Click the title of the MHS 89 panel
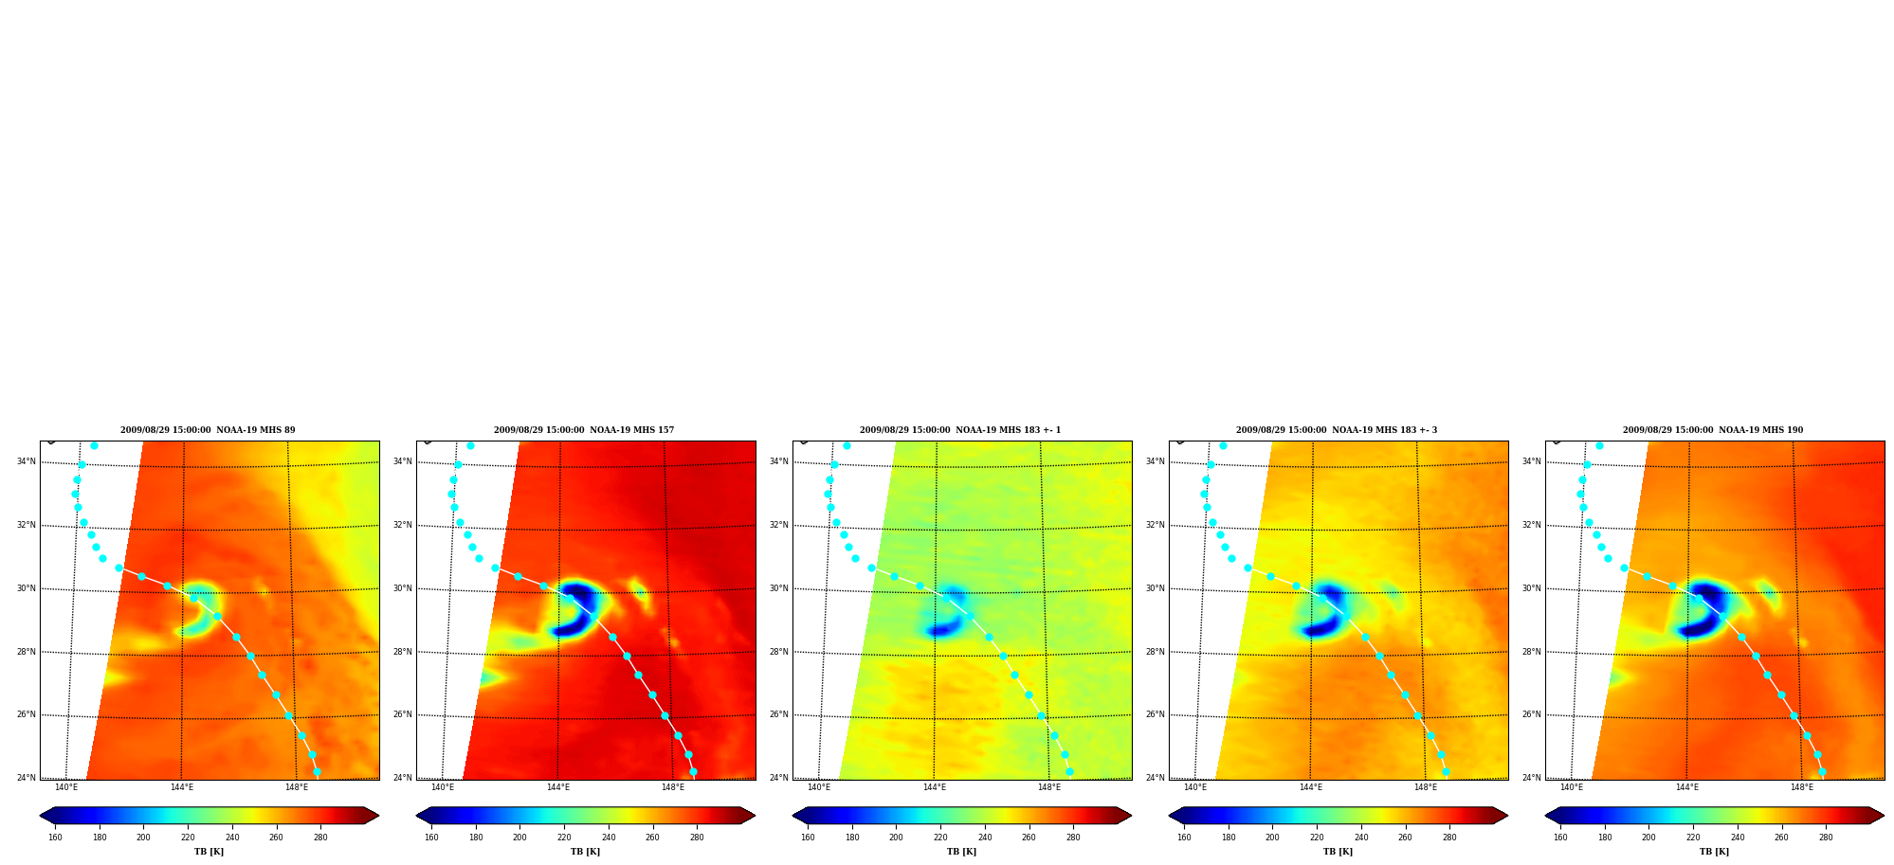coord(208,430)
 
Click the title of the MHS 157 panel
coord(584,430)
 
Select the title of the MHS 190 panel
coord(1713,430)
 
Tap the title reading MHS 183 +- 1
coord(960,430)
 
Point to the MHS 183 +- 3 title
coord(1337,430)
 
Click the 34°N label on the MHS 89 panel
coord(27,462)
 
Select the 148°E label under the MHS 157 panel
coord(673,787)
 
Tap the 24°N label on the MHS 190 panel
coord(1532,779)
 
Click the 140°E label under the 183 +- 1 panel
coord(819,787)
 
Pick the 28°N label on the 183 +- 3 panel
coord(1156,652)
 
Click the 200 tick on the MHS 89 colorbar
coord(143,838)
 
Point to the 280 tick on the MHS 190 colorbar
coord(1826,838)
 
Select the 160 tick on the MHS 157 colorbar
coord(431,838)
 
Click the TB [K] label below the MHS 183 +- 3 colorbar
coord(1338,852)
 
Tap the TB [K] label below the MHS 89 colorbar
coord(209,852)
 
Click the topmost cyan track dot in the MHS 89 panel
coord(94,445)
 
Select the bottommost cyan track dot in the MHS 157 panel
coord(693,772)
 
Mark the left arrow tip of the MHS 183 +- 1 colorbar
coord(792,816)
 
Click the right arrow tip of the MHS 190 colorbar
coord(1885,816)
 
